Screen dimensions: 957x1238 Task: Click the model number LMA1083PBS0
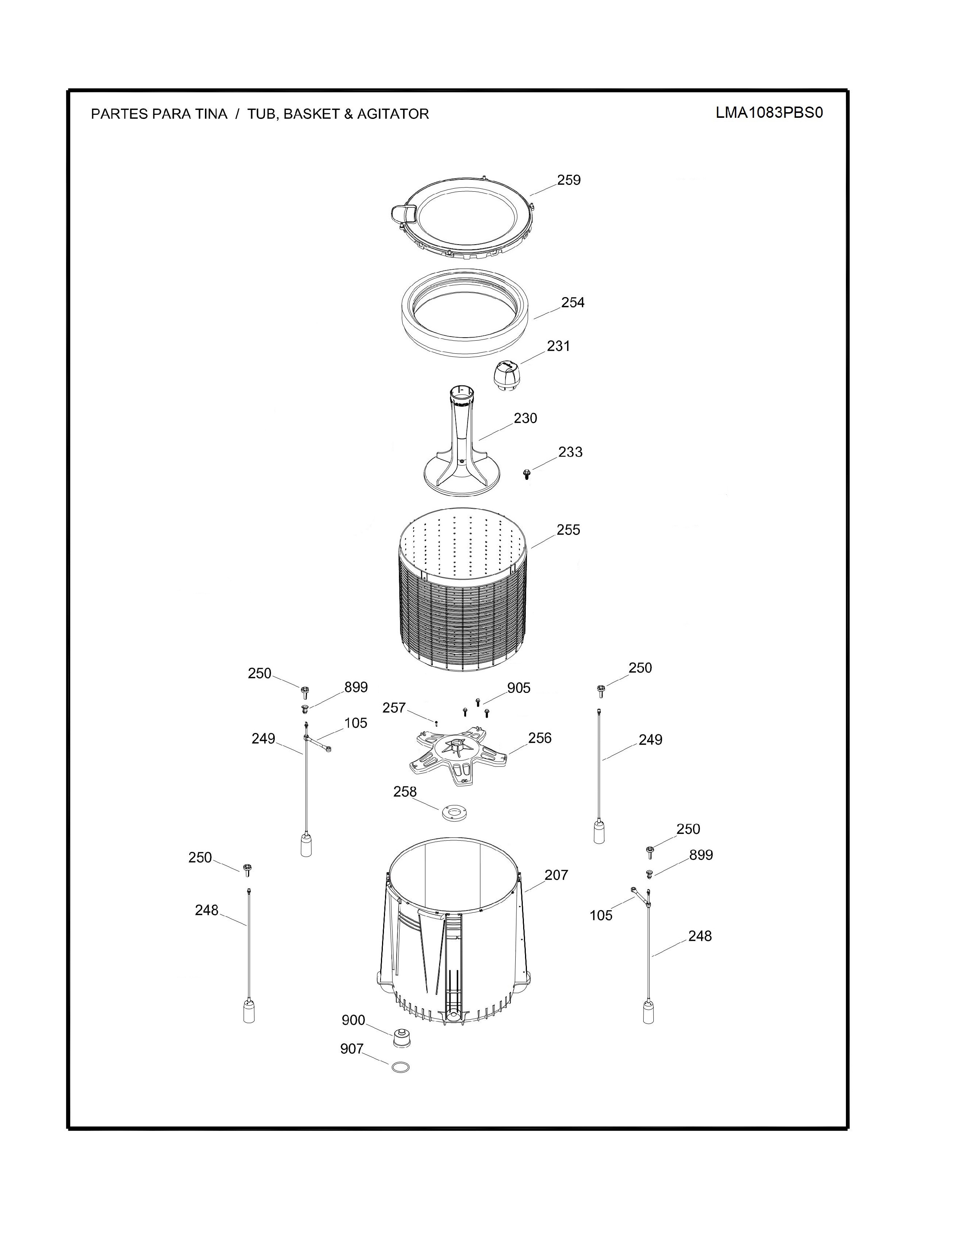point(769,113)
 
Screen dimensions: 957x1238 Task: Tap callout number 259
point(569,180)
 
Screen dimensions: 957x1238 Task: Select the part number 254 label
point(573,303)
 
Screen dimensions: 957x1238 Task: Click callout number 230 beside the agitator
point(525,418)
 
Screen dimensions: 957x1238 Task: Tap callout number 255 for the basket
point(568,530)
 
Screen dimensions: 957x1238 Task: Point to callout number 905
point(519,688)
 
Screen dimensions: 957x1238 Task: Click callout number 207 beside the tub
point(556,875)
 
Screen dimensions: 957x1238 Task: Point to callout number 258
point(405,792)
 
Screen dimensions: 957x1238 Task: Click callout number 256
point(540,738)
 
